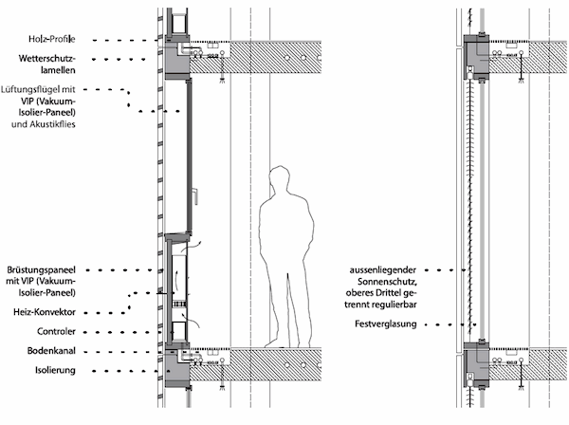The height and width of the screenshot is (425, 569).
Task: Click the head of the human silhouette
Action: coord(279,180)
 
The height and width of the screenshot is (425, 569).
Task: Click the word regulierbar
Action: coord(397,305)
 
